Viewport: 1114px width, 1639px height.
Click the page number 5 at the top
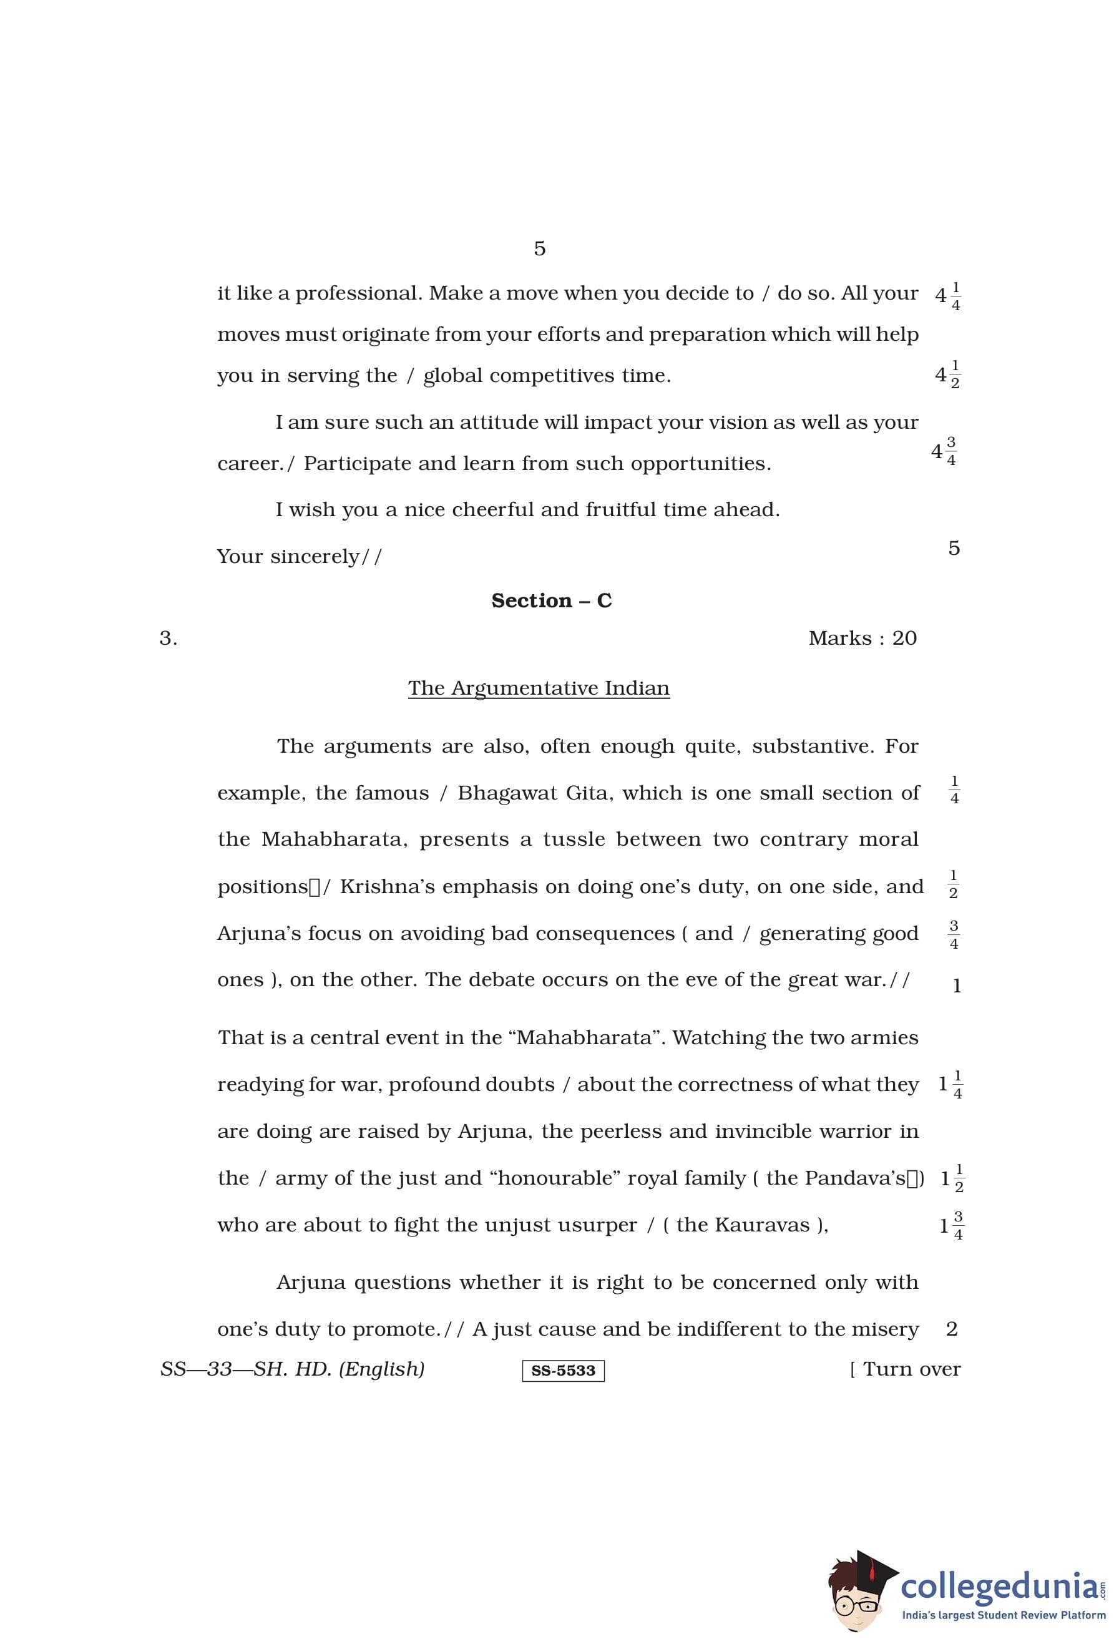pyautogui.click(x=539, y=248)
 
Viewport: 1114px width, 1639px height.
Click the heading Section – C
pyautogui.click(x=551, y=600)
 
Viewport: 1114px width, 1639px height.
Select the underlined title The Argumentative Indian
pyautogui.click(x=539, y=688)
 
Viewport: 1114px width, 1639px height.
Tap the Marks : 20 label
pyautogui.click(x=862, y=638)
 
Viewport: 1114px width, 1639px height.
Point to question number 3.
pyautogui.click(x=168, y=638)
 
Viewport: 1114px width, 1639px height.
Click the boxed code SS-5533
pyautogui.click(x=563, y=1370)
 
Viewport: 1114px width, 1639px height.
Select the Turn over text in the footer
pyautogui.click(x=911, y=1369)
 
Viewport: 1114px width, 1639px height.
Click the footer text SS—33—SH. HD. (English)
pyautogui.click(x=293, y=1369)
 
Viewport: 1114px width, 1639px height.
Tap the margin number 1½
pyautogui.click(x=952, y=1178)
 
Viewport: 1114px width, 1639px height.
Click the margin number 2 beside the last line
pyautogui.click(x=952, y=1329)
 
